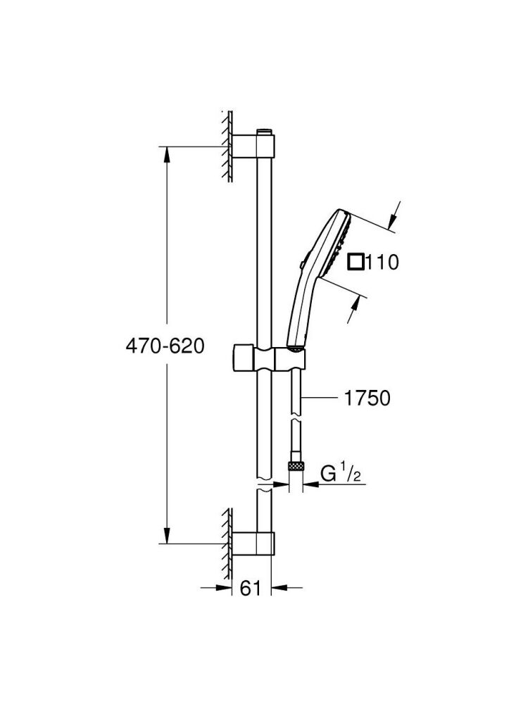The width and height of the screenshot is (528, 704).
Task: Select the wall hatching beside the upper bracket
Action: tap(227, 146)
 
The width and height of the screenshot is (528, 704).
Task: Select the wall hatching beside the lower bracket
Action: tap(227, 542)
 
